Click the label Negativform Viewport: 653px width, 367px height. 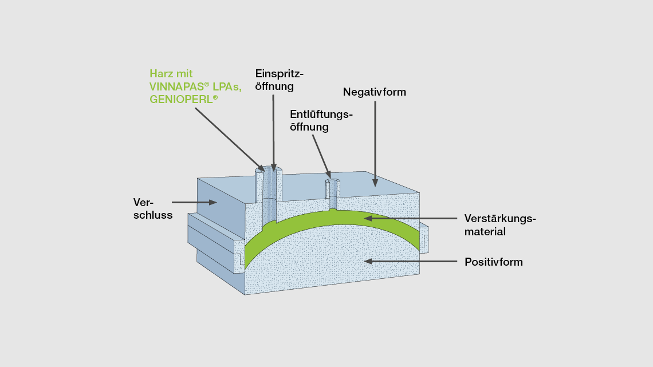(x=374, y=92)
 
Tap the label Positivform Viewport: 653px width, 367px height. (x=493, y=262)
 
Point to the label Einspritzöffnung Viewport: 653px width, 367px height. (x=279, y=80)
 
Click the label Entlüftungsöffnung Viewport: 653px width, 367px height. (x=321, y=120)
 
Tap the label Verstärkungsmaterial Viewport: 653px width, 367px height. (x=499, y=225)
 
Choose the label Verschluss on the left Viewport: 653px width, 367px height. (x=152, y=208)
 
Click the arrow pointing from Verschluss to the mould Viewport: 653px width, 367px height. (x=194, y=202)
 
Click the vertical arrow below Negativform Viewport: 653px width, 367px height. (x=375, y=143)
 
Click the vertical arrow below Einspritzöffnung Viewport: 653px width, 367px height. (x=274, y=132)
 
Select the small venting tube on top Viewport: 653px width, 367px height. (x=333, y=190)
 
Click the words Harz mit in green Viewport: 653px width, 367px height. (x=171, y=73)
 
